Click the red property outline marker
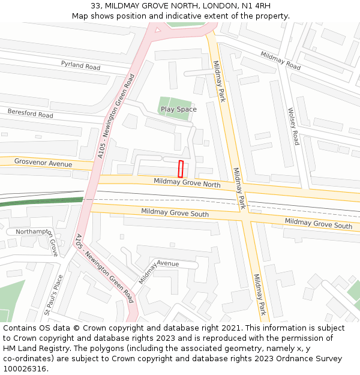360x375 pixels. pos(181,169)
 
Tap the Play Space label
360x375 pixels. pos(178,109)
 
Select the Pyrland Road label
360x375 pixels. pos(80,65)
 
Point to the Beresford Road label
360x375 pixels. pos(30,113)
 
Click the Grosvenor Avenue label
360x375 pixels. pos(43,163)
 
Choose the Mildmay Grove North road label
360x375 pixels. pos(187,182)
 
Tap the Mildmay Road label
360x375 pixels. pos(280,61)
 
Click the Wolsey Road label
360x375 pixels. pos(293,126)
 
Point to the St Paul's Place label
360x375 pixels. pos(53,295)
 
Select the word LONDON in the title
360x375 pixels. pos(211,6)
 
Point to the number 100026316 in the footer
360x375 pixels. pos(25,369)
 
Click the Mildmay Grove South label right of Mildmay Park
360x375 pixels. pos(318,224)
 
